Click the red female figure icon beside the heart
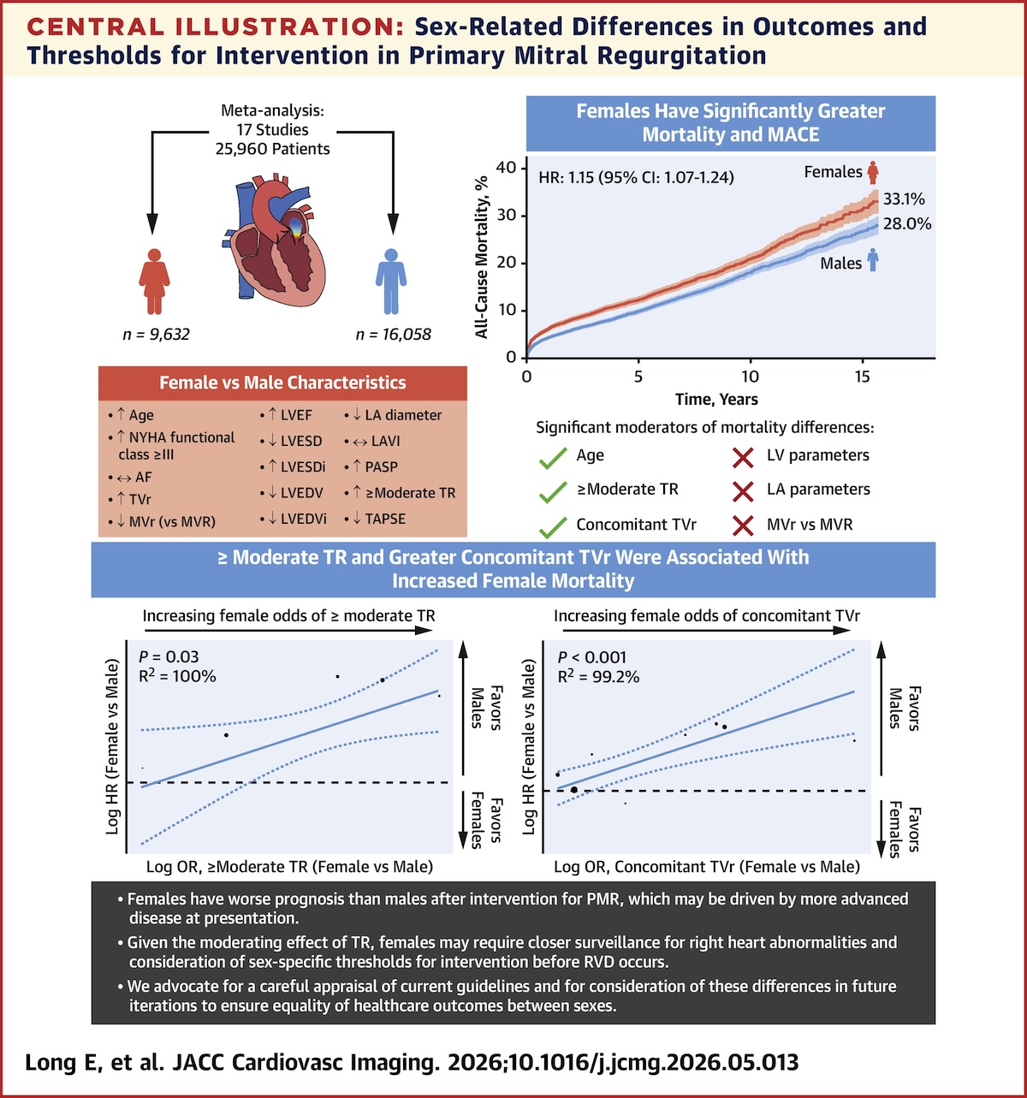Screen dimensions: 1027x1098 154,282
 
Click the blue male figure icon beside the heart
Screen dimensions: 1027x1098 391,282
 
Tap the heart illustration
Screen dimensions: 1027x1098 275,240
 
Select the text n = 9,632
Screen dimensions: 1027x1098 156,335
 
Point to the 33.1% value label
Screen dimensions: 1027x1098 904,199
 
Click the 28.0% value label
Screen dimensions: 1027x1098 907,224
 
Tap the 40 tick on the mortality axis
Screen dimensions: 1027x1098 507,168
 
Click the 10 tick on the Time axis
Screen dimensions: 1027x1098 750,377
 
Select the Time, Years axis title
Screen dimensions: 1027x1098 716,399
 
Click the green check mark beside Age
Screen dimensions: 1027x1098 553,459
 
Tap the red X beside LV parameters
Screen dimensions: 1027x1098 743,457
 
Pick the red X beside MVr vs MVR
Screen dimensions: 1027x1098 743,525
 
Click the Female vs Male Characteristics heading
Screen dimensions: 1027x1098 282,383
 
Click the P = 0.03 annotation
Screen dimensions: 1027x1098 169,656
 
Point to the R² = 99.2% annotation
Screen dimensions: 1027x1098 598,676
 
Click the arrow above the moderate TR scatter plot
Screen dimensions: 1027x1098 287,630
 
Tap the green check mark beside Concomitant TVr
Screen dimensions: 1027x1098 553,527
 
